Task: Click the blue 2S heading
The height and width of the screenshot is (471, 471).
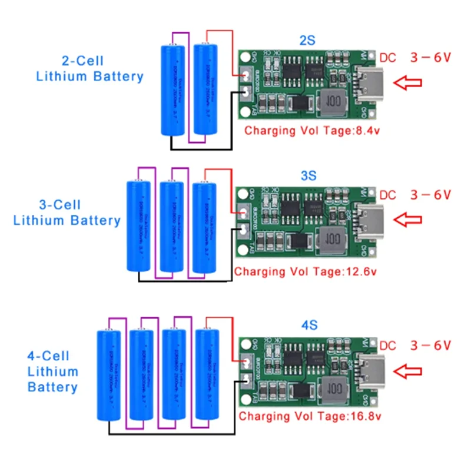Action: (x=307, y=41)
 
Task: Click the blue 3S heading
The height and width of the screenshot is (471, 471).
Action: (x=309, y=175)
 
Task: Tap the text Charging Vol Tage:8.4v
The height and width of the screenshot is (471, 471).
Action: (x=312, y=130)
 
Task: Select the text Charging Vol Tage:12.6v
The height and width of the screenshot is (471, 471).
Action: (x=305, y=272)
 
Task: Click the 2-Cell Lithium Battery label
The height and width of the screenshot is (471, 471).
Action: (x=89, y=68)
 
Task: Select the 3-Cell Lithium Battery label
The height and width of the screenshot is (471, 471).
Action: (x=67, y=213)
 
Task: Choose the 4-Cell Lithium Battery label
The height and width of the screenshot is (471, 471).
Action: (x=52, y=372)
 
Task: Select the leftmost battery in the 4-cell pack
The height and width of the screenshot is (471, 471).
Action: (x=108, y=375)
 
